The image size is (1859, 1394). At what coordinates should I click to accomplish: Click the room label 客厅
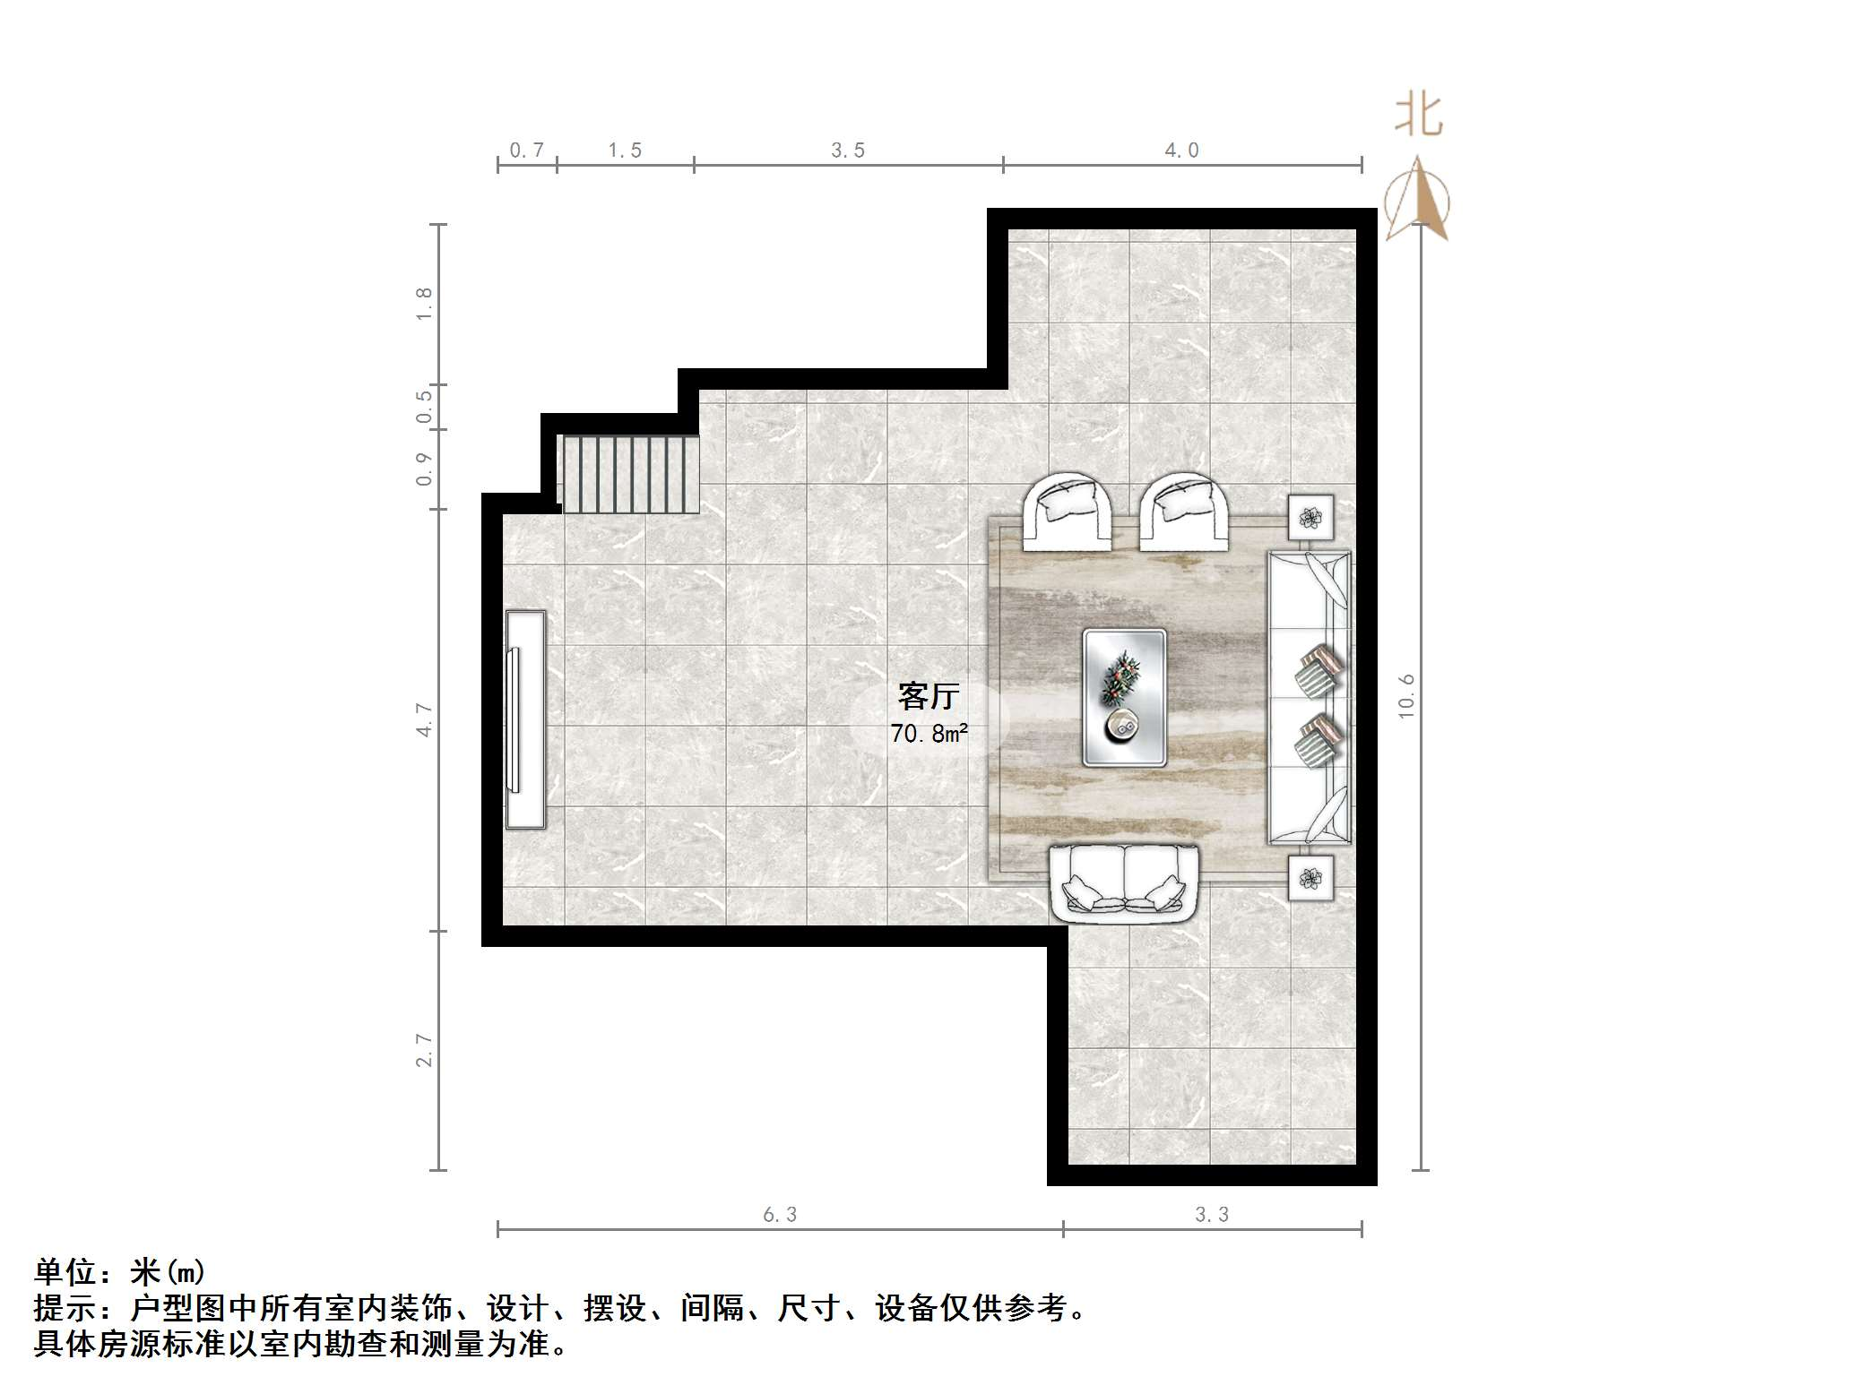(x=929, y=695)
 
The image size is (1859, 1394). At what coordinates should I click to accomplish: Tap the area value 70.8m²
(x=929, y=734)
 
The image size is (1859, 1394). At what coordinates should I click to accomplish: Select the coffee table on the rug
(x=1124, y=698)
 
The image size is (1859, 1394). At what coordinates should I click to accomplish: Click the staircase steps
(x=629, y=474)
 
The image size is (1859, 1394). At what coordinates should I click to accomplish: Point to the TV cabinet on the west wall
(x=525, y=719)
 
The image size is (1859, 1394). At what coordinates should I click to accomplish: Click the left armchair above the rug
(x=1068, y=512)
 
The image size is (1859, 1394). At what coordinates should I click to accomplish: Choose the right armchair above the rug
(x=1183, y=512)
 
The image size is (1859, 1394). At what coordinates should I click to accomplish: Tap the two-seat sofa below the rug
(x=1124, y=882)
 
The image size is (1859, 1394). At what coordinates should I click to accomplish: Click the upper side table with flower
(x=1310, y=518)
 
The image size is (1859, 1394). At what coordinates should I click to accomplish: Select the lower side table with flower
(x=1310, y=878)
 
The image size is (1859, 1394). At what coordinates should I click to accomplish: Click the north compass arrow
(x=1417, y=199)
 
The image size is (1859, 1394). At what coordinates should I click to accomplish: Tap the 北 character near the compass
(x=1418, y=116)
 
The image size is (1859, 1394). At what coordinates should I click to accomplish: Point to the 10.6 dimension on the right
(x=1405, y=696)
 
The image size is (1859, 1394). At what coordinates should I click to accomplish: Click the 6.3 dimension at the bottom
(x=779, y=1215)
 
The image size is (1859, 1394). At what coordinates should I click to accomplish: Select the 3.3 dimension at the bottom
(x=1211, y=1215)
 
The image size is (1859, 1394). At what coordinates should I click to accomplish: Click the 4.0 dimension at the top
(x=1181, y=151)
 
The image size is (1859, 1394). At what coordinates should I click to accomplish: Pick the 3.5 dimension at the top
(x=847, y=151)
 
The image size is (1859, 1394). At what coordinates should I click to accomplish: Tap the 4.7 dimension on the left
(x=424, y=720)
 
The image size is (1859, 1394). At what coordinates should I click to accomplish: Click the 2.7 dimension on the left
(x=424, y=1050)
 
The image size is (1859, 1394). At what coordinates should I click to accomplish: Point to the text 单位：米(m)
(x=120, y=1272)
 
